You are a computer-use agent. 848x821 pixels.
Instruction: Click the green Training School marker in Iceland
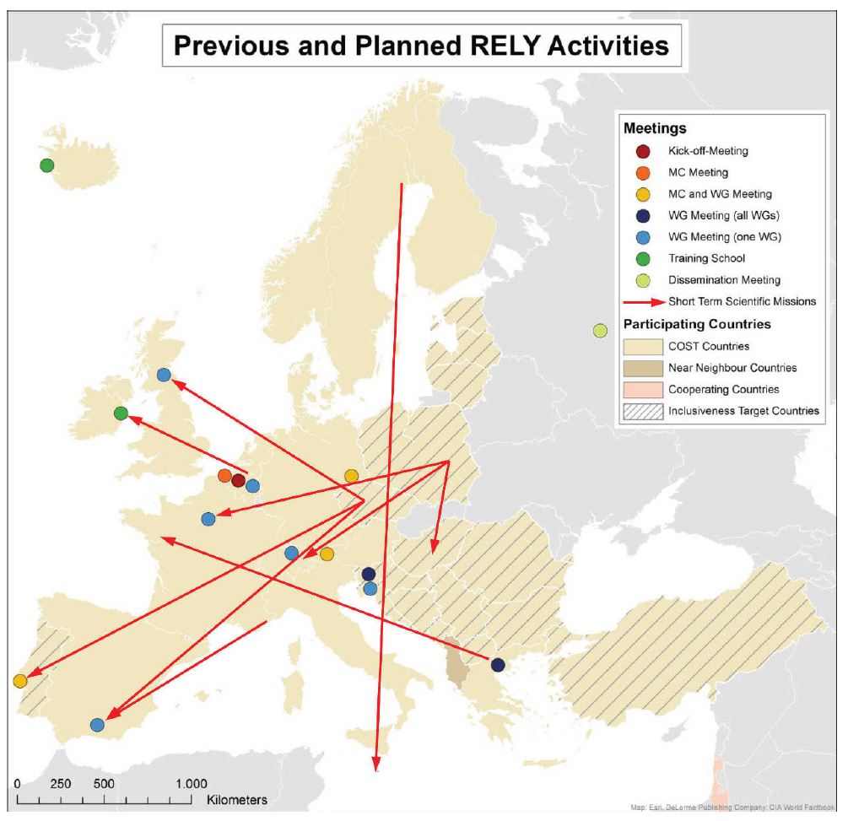[x=47, y=165]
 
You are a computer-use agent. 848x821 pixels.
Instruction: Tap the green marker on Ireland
[x=121, y=413]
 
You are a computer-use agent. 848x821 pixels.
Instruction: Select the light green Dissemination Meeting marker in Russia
[x=600, y=330]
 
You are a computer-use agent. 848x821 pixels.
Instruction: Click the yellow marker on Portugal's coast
[x=20, y=681]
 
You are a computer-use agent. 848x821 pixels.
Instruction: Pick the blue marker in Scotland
[x=164, y=375]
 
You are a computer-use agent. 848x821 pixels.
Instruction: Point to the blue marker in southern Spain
[x=97, y=724]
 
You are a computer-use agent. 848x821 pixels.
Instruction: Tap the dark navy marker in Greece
[x=498, y=664]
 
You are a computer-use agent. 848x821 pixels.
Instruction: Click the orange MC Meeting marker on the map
[x=224, y=476]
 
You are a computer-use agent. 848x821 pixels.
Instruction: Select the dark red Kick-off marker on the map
[x=238, y=481]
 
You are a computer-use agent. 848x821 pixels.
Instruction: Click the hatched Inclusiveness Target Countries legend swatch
[x=642, y=411]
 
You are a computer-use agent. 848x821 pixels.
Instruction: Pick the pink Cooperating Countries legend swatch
[x=642, y=390]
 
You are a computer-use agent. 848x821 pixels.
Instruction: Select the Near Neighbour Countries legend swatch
[x=642, y=368]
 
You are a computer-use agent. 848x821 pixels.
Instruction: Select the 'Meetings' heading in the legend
[x=654, y=130]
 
